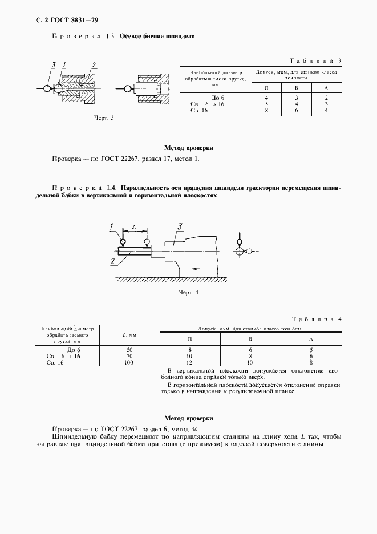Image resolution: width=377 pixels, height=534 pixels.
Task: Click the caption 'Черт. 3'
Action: (x=104, y=118)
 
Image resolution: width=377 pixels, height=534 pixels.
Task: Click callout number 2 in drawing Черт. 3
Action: (x=94, y=64)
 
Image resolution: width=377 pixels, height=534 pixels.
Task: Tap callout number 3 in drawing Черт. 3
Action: (x=52, y=64)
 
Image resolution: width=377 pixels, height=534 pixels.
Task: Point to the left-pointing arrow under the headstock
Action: (x=198, y=267)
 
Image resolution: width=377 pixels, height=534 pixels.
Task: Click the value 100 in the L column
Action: (x=129, y=362)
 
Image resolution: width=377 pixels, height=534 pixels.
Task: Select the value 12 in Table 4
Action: (x=189, y=362)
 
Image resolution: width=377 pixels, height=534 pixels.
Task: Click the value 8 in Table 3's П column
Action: (x=266, y=111)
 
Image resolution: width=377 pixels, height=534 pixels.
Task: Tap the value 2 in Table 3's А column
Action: (x=326, y=98)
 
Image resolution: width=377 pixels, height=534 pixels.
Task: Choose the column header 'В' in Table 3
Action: (x=296, y=87)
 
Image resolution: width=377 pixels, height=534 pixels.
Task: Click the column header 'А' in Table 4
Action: (x=311, y=339)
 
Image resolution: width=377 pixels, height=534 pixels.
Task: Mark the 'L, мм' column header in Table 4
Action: (x=129, y=335)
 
